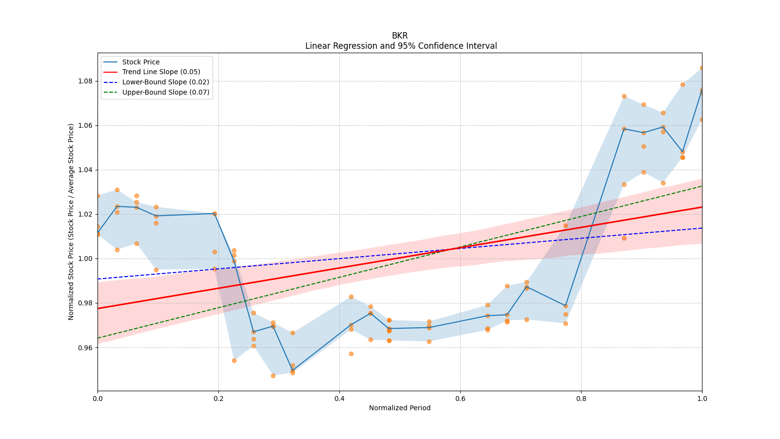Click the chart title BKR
(400, 36)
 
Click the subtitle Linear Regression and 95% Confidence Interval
(401, 46)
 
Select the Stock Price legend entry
(141, 62)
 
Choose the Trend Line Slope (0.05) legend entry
(161, 72)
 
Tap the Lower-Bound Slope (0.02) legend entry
(165, 82)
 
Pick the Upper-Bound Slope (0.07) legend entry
(166, 92)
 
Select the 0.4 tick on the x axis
(339, 399)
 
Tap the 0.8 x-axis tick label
(581, 399)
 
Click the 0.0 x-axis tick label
(97, 399)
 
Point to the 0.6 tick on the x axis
(460, 399)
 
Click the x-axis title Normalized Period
(400, 408)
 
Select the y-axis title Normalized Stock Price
(71, 221)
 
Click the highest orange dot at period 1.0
(702, 68)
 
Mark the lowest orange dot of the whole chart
(273, 376)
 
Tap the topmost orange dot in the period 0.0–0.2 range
(117, 190)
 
